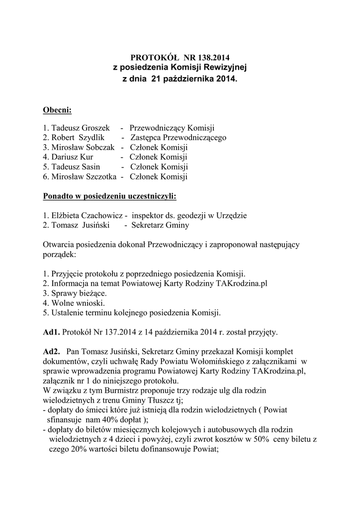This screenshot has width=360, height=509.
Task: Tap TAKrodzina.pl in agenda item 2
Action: click(243, 283)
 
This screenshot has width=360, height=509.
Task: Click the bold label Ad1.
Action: click(51, 332)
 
